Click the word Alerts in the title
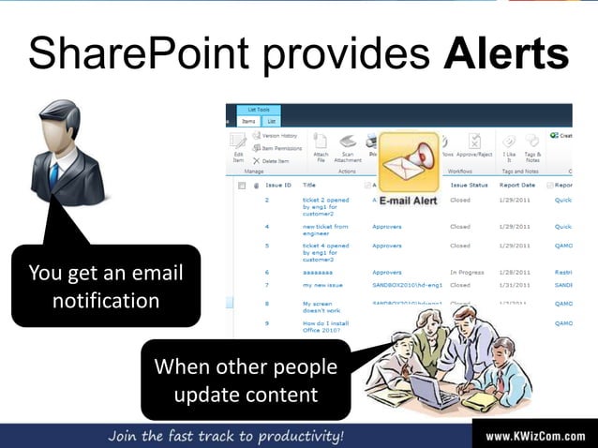pos(505,53)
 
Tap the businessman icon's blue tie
pos(54,173)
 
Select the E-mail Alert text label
pos(408,201)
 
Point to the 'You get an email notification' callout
pos(105,287)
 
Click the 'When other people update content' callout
pos(246,380)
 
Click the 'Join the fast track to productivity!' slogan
pos(226,436)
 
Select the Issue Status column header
pos(469,186)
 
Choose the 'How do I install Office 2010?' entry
pos(325,326)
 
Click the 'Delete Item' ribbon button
pos(271,160)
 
